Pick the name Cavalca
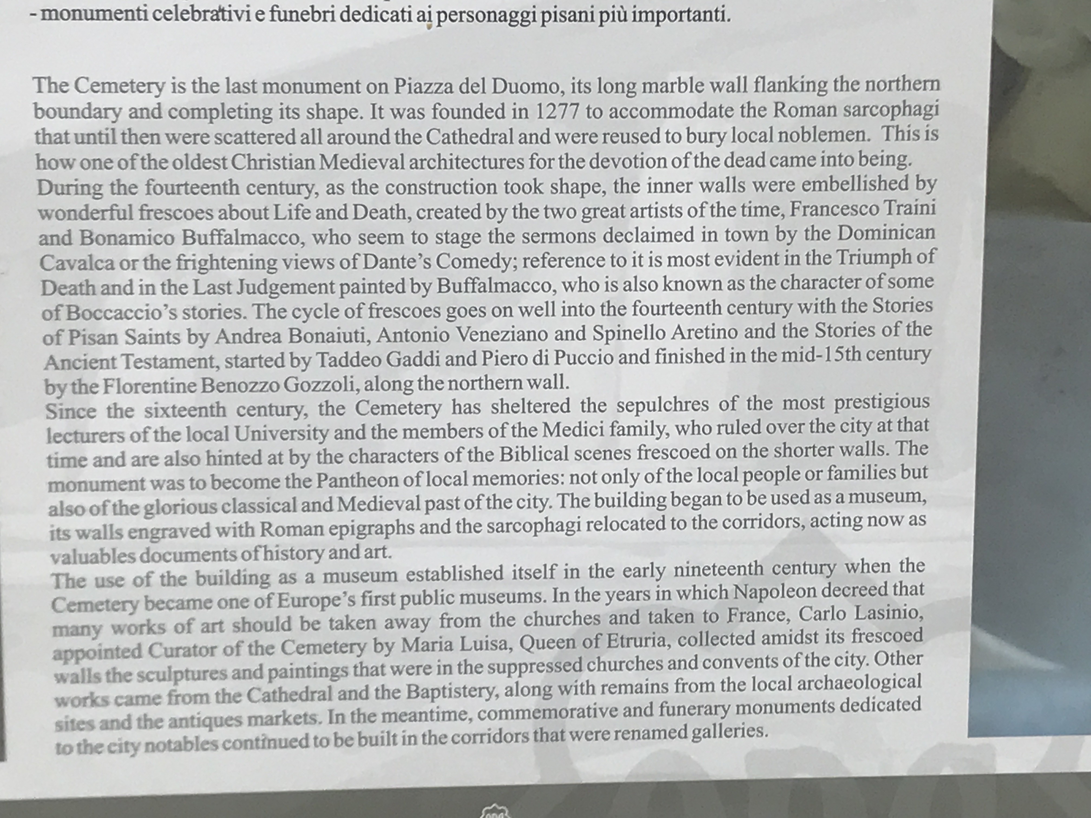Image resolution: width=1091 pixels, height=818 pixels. coord(77,263)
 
